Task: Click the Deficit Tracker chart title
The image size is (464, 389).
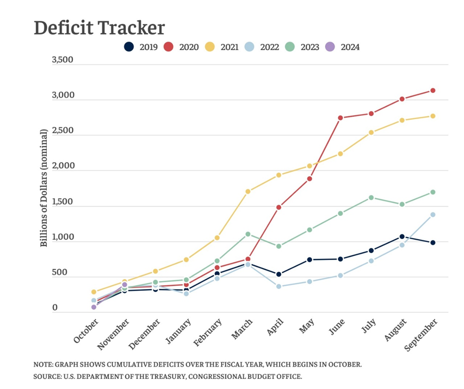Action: [99, 28]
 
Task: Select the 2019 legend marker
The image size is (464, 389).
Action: [128, 47]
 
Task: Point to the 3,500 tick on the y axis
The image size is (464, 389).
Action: [62, 60]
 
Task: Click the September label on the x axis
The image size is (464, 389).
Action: [424, 334]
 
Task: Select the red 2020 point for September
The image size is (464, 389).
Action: [433, 91]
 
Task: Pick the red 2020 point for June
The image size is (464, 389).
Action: [340, 118]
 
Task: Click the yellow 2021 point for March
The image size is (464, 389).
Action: [248, 191]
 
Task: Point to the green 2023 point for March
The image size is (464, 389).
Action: [248, 234]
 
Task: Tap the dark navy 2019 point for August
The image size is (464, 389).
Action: [402, 237]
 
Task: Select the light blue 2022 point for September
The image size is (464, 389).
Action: [433, 215]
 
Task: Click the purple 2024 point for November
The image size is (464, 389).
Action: [125, 285]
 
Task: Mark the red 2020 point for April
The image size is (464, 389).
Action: [279, 207]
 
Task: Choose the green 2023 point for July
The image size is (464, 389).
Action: [371, 198]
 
